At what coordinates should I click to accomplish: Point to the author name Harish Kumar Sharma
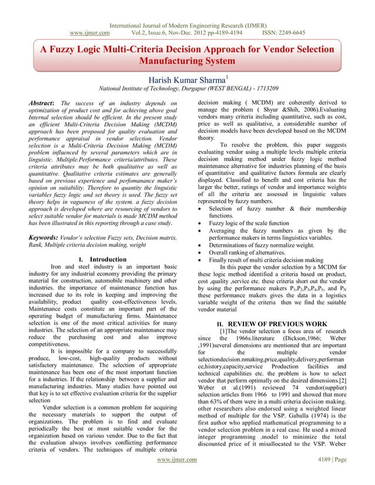coord(186,79)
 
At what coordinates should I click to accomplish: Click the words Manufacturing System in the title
coord(187,60)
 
